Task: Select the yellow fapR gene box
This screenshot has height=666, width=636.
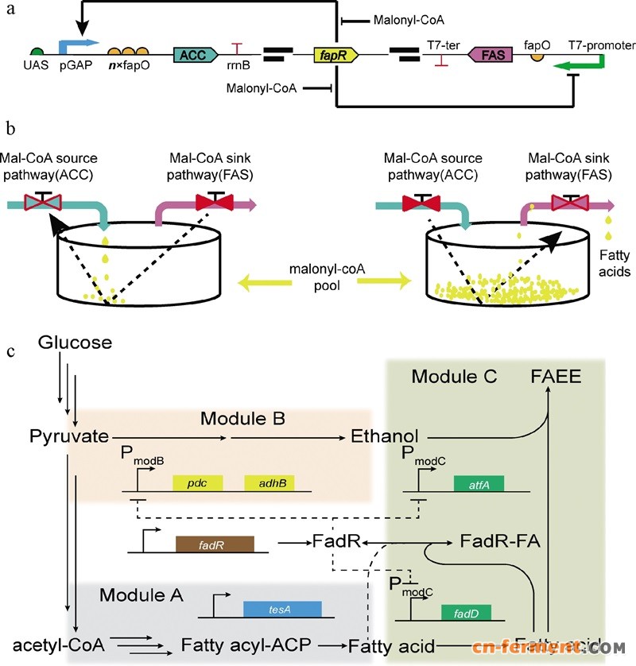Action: [336, 55]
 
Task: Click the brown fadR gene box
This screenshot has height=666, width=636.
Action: [214, 544]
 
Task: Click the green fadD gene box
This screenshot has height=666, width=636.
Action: [466, 613]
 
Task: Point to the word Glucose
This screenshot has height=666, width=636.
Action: [74, 343]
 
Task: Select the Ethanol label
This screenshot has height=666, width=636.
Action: [383, 436]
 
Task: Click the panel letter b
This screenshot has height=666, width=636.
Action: [10, 127]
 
